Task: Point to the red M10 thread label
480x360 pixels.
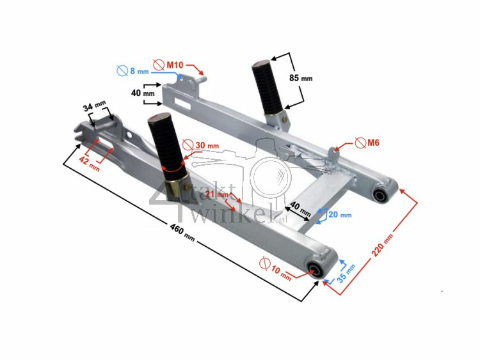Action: (x=175, y=65)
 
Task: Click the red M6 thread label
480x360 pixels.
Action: (x=372, y=143)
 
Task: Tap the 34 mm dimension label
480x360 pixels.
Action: (x=94, y=106)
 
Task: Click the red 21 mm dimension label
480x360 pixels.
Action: (x=222, y=194)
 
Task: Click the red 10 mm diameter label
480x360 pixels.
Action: (x=281, y=273)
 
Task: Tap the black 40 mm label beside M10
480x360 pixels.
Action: (x=144, y=93)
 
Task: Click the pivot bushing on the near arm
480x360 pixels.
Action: (x=316, y=269)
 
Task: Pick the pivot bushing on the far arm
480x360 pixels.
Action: (x=381, y=195)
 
